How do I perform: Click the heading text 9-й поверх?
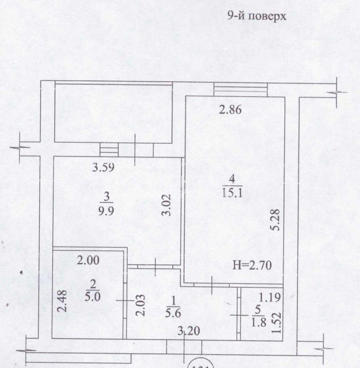coord(257,16)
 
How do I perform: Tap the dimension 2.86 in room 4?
coord(230,110)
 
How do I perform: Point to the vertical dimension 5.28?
coord(277,222)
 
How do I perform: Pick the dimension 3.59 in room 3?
coord(103,168)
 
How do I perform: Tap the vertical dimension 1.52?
coord(277,319)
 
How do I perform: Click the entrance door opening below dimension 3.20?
coord(184,348)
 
